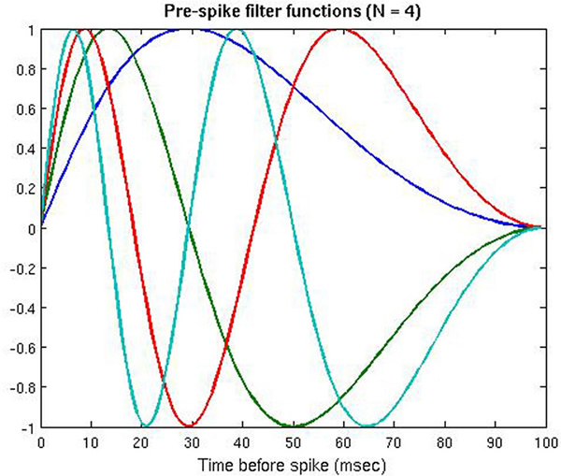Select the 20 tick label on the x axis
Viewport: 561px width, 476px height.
tap(141, 441)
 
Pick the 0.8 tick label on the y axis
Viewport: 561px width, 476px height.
tap(23, 69)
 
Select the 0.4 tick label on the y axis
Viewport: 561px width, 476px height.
tap(23, 149)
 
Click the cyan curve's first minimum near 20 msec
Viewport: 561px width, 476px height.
tap(143, 426)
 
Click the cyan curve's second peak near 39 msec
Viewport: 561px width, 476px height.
tap(237, 30)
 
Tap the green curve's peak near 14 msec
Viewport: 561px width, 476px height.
tap(111, 30)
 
